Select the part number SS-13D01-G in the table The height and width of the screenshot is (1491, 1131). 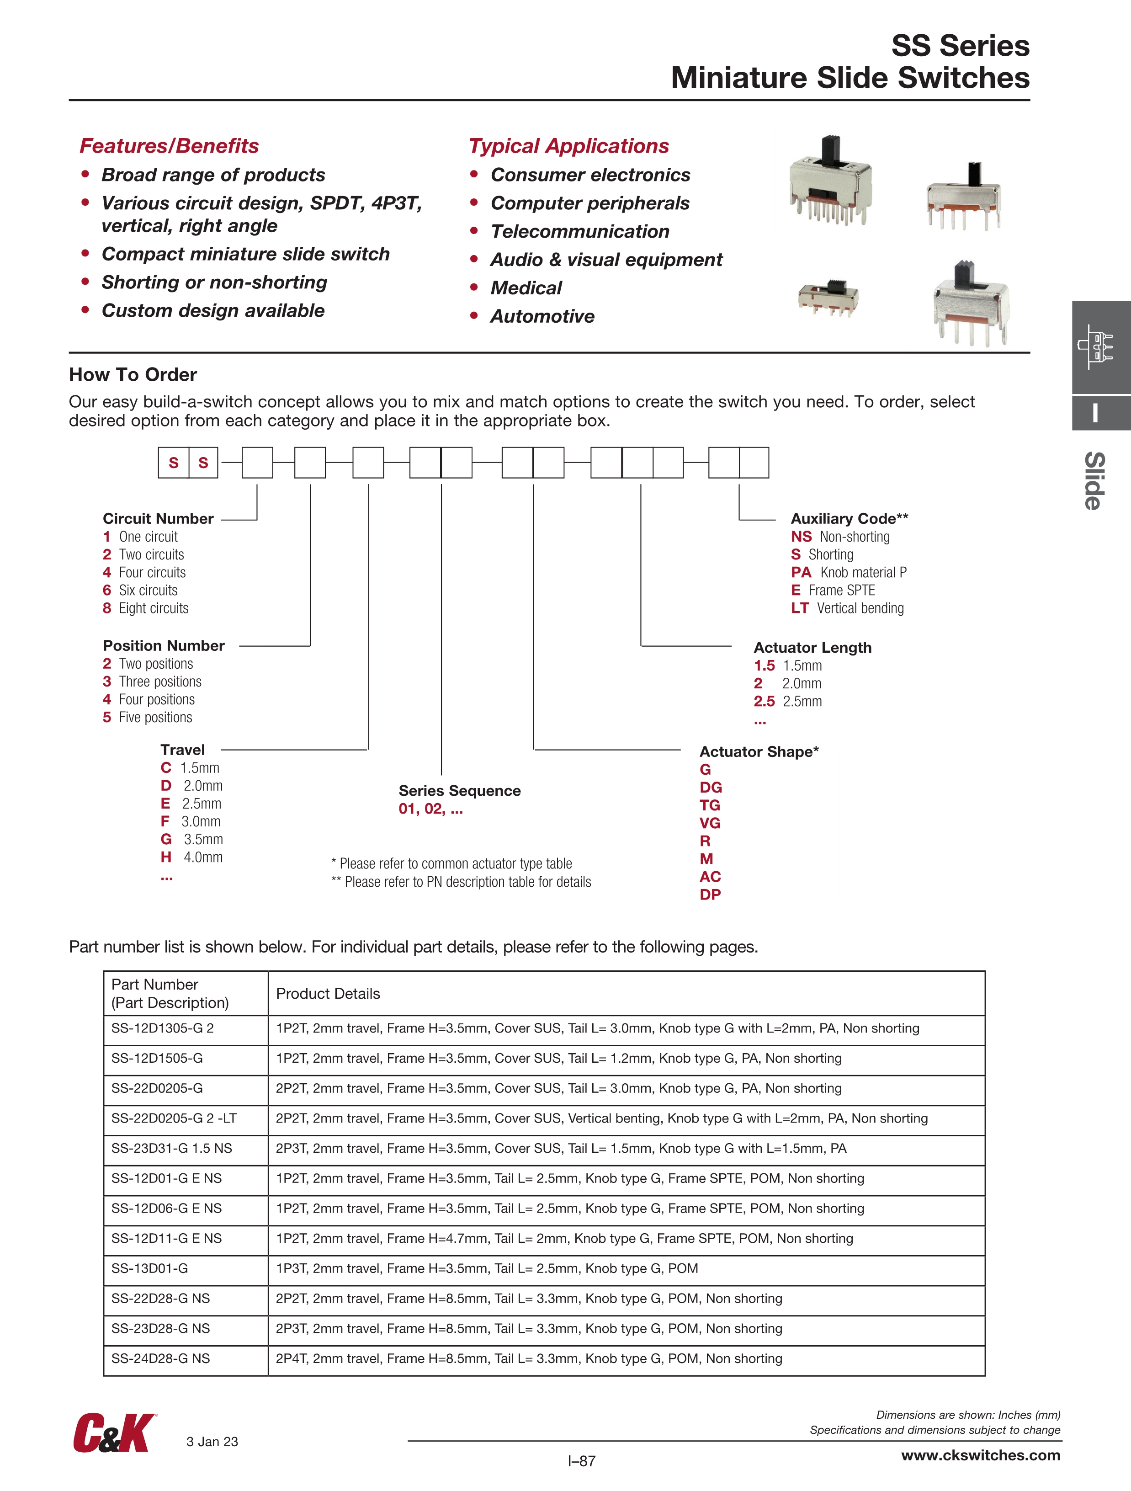coord(149,1268)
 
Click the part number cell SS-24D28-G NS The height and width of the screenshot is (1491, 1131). coord(160,1358)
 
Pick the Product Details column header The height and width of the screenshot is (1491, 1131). coord(328,994)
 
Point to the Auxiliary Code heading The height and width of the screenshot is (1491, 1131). coord(849,518)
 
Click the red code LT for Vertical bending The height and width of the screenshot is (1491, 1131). coord(799,608)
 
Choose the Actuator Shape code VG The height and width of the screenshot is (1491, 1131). coord(710,823)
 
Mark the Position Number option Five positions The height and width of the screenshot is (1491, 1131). coord(155,717)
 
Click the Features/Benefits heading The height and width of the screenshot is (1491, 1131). coord(169,146)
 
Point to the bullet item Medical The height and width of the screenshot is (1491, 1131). coord(526,288)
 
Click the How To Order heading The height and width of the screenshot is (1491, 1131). coord(133,375)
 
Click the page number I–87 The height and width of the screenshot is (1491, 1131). coord(581,1461)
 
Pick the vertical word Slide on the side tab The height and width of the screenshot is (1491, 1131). coord(1094,480)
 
